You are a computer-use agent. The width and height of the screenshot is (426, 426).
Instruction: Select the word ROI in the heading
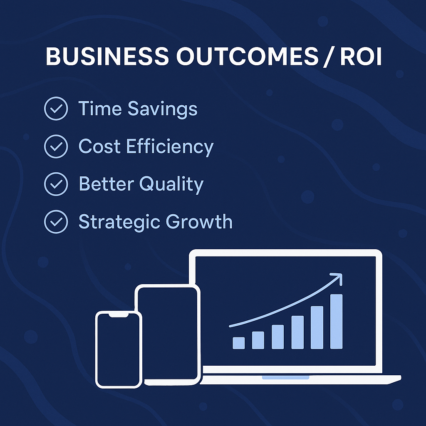click(360, 56)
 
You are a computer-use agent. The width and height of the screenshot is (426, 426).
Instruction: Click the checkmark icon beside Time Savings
click(56, 109)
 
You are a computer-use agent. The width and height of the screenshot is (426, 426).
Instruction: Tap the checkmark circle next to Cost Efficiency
click(56, 146)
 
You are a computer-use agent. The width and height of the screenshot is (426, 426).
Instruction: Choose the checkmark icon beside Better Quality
click(56, 184)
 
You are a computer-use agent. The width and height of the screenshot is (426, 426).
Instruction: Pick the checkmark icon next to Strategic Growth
click(56, 221)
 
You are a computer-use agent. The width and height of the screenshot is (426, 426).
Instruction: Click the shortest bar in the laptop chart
click(239, 343)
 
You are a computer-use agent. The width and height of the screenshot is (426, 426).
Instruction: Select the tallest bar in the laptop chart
click(337, 321)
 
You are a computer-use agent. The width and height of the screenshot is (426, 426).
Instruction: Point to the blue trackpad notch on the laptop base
click(285, 377)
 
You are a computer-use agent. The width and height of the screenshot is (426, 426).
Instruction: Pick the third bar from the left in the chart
click(278, 337)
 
